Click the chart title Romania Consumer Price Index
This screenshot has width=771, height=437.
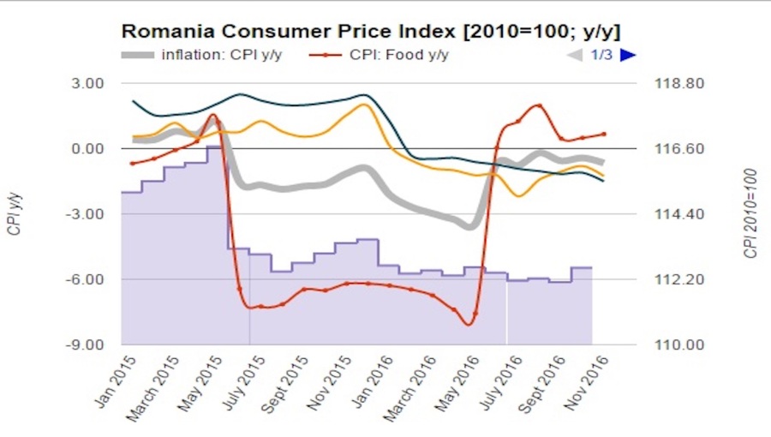pyautogui.click(x=370, y=32)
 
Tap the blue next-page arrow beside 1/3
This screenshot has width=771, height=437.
pyautogui.click(x=628, y=56)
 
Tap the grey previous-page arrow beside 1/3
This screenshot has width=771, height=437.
pyautogui.click(x=575, y=56)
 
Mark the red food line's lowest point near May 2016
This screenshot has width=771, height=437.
pyautogui.click(x=468, y=324)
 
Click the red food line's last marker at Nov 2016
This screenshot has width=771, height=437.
pyautogui.click(x=604, y=134)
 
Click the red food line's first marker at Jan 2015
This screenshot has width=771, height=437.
pyautogui.click(x=133, y=164)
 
